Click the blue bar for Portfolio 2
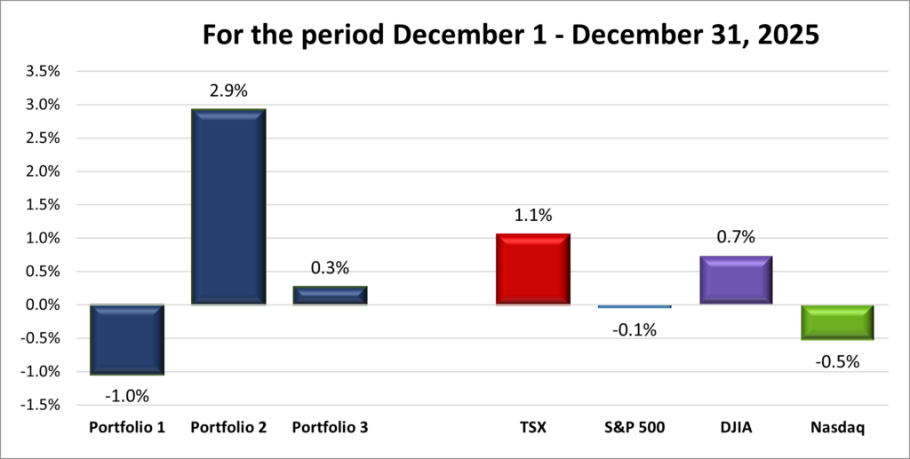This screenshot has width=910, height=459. [x=228, y=207]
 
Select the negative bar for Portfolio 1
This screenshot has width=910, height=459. [x=127, y=339]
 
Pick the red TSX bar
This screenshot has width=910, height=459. [x=532, y=269]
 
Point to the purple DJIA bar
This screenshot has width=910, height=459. [x=735, y=280]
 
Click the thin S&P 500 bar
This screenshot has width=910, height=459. [x=634, y=306]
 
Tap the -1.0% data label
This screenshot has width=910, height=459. [x=127, y=395]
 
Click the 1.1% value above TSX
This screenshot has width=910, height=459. [x=532, y=214]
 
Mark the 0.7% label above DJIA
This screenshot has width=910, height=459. [x=735, y=237]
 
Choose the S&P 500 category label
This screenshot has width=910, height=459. [x=634, y=428]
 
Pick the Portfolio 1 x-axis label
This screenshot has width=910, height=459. [x=127, y=428]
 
